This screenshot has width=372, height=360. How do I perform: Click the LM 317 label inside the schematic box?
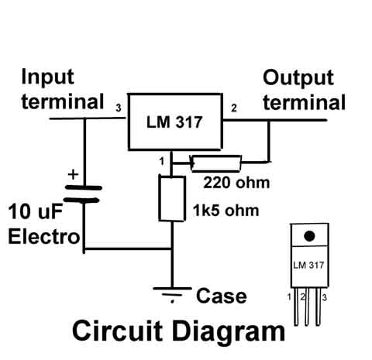174,122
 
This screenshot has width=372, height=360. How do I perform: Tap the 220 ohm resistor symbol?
216,163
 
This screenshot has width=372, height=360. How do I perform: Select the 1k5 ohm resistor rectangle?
172,198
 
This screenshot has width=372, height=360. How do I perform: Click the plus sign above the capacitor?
73,174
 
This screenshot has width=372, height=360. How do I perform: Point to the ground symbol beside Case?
172,294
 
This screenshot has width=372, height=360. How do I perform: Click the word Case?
222,296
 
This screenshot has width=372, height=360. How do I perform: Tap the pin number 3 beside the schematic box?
119,108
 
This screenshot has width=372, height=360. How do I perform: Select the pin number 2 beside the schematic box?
234,108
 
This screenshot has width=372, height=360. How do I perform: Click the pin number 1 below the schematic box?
162,161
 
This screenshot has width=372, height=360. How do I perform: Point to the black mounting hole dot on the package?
309,236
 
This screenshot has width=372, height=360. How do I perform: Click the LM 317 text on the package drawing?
308,265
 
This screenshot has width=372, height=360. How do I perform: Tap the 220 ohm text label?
236,183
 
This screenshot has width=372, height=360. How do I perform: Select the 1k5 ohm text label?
226,211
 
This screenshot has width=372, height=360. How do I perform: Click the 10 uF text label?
36,211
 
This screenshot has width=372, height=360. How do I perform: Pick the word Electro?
44,237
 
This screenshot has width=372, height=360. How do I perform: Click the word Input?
48,77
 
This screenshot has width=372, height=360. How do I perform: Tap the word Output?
298,78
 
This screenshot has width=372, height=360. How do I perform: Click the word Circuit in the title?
118,331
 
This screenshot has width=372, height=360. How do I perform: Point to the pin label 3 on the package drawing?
325,297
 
